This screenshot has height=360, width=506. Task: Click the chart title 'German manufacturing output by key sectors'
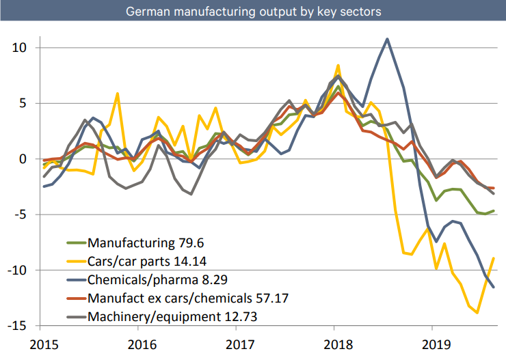pos(252,12)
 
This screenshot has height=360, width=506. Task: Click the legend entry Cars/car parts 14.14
pos(147,260)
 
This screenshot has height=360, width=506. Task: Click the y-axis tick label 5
pos(22,104)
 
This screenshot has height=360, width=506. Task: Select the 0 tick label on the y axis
pos(22,159)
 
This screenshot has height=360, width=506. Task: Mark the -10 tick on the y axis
pos(16,271)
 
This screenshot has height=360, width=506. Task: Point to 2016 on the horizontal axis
pos(138,344)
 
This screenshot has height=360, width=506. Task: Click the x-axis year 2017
pos(236,344)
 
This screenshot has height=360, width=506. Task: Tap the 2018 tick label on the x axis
pos(334,344)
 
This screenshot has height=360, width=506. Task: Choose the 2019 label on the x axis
pos(432,344)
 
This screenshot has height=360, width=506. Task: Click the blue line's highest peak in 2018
pos(388,39)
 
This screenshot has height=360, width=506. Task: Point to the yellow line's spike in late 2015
pos(118,94)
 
